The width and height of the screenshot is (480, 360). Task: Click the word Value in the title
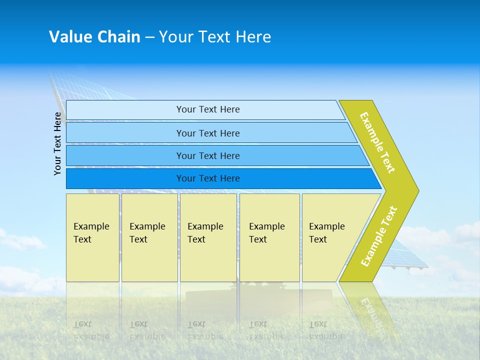coord(70,37)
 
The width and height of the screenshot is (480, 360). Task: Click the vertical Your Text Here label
coord(58,143)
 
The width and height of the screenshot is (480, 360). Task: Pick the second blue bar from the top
coord(207,133)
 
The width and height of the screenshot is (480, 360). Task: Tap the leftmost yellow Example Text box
coord(92,237)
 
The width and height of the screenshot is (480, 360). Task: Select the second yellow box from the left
coord(149,237)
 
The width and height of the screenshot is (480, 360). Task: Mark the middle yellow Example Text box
coord(208,237)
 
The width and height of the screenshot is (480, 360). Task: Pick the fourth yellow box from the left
coord(269,237)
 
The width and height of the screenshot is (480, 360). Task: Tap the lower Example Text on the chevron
coord(379,236)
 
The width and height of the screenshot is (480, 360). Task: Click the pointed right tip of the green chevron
coord(416,190)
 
